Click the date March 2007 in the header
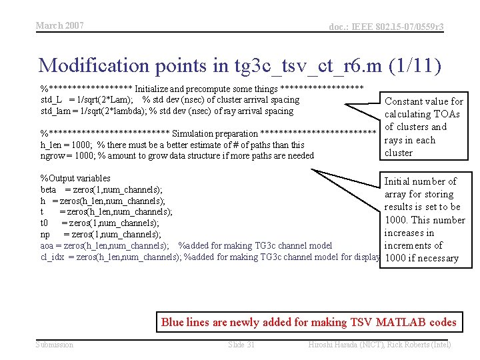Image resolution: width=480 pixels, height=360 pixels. (x=59, y=25)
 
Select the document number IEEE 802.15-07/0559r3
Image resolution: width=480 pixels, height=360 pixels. (x=386, y=27)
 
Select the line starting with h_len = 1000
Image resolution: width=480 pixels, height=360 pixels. (x=172, y=145)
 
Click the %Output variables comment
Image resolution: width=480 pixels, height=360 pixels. (x=75, y=178)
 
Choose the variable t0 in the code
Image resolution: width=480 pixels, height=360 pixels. (x=45, y=223)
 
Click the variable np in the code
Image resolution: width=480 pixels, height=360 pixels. (x=45, y=234)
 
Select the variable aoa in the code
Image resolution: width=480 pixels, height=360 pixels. (x=47, y=245)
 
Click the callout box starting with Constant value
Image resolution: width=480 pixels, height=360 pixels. (x=424, y=127)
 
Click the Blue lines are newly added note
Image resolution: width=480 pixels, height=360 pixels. (x=309, y=323)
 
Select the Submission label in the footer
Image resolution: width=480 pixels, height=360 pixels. (x=55, y=345)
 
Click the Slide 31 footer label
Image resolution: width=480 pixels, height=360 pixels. (x=241, y=345)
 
